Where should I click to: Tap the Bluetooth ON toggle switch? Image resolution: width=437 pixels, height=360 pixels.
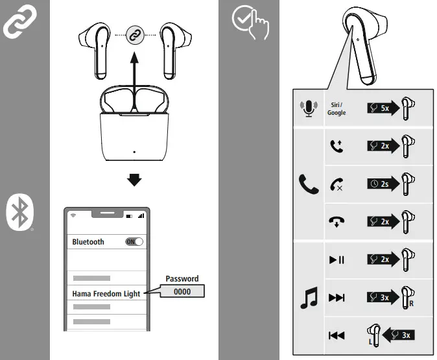point(134,241)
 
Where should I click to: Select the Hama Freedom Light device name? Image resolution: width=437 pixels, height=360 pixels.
point(106,294)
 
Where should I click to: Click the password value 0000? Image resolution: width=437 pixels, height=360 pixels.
point(182,292)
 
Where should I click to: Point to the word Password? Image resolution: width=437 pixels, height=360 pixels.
point(182,279)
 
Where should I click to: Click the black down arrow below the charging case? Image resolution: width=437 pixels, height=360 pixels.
point(134,180)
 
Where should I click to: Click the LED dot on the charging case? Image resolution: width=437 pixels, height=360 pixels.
point(134,153)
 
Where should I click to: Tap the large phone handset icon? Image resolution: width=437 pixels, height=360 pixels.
point(309,184)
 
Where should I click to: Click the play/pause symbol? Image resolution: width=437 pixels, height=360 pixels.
point(337,260)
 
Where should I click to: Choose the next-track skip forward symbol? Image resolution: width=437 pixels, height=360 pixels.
point(337,298)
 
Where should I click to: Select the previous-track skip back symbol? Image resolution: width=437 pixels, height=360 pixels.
point(337,335)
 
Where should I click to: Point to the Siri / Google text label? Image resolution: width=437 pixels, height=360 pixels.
point(337,108)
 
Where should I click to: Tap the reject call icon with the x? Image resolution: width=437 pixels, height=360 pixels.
point(337,184)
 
